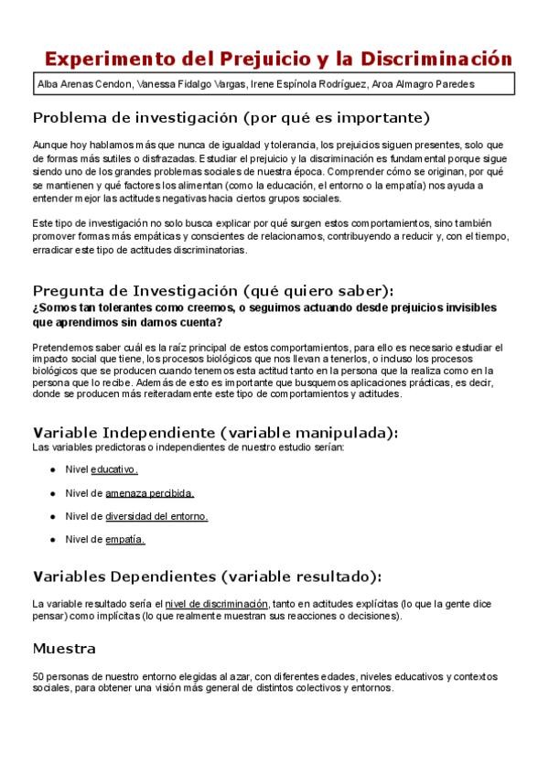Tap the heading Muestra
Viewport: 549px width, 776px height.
tap(64, 649)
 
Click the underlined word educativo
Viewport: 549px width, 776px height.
tap(114, 469)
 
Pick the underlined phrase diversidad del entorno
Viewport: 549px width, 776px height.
tap(156, 516)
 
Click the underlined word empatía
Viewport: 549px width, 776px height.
tap(125, 540)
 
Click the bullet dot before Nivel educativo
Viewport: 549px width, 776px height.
tap(53, 470)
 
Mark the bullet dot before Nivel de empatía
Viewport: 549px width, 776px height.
tap(53, 541)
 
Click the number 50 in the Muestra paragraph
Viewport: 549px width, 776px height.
tap(38, 677)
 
